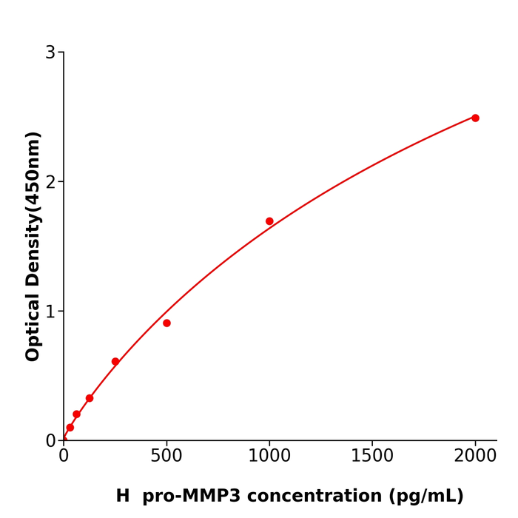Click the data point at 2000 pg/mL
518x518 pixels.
pos(475,118)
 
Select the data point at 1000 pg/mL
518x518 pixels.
pos(269,221)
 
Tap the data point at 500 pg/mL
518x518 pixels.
pos(166,323)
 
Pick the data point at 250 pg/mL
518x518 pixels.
pos(115,362)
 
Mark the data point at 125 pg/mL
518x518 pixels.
pos(90,398)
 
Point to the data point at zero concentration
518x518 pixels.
pos(64,440)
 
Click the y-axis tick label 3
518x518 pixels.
pos(50,53)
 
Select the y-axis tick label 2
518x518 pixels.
pos(50,182)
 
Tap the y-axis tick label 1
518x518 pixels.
pos(50,312)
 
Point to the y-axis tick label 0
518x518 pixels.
pos(50,441)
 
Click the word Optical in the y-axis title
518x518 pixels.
pos(33,326)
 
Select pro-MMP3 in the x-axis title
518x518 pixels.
pos(191,497)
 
